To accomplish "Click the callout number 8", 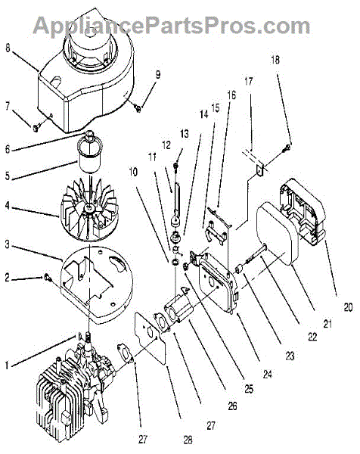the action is point(8,48).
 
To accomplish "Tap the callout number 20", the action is point(348,307).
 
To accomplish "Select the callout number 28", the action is point(188,440).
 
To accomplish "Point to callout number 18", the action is point(275,60).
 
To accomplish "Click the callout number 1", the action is point(7,365).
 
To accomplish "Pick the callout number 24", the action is point(267,374).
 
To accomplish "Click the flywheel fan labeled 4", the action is point(88,210).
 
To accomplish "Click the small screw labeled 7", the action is point(37,127).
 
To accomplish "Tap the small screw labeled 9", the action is point(138,108).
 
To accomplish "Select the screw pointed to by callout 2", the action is point(48,278).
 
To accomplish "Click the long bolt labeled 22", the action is point(256,255).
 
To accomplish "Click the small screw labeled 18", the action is point(287,148).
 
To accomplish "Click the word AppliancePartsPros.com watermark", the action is point(172,26).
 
